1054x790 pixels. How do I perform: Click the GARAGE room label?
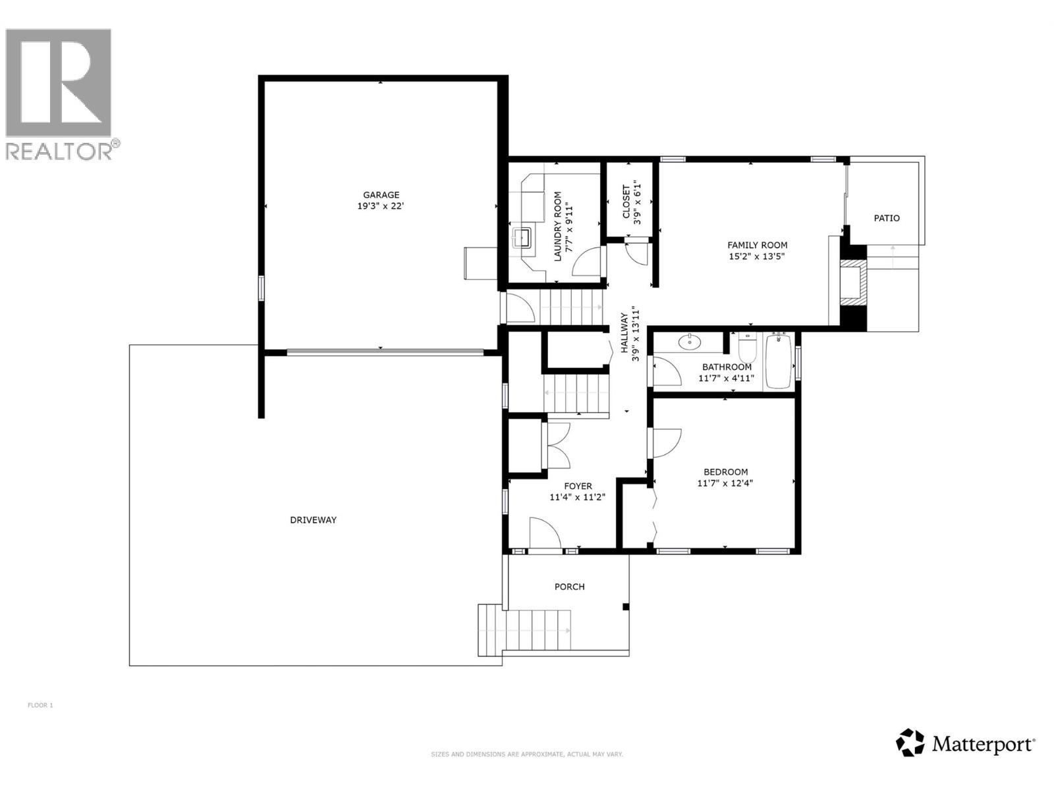tap(381, 195)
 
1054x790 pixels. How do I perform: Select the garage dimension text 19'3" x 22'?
tap(381, 206)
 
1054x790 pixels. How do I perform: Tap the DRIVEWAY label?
tap(313, 520)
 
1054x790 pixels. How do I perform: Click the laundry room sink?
tap(524, 236)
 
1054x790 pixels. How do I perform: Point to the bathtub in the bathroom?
tap(778, 362)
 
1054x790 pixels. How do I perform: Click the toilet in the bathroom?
tap(747, 345)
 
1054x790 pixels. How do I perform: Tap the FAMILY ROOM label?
tap(757, 245)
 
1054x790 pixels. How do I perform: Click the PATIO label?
tap(886, 218)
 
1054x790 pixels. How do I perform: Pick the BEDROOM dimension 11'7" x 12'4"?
tap(725, 483)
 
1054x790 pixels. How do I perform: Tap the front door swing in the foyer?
tap(544, 533)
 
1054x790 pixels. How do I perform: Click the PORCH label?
tap(569, 587)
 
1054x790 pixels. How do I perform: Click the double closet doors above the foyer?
tap(557, 444)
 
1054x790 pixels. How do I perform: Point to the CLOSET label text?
tap(626, 201)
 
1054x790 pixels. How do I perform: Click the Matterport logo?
tap(966, 744)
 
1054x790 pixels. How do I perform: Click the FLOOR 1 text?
tap(40, 705)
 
